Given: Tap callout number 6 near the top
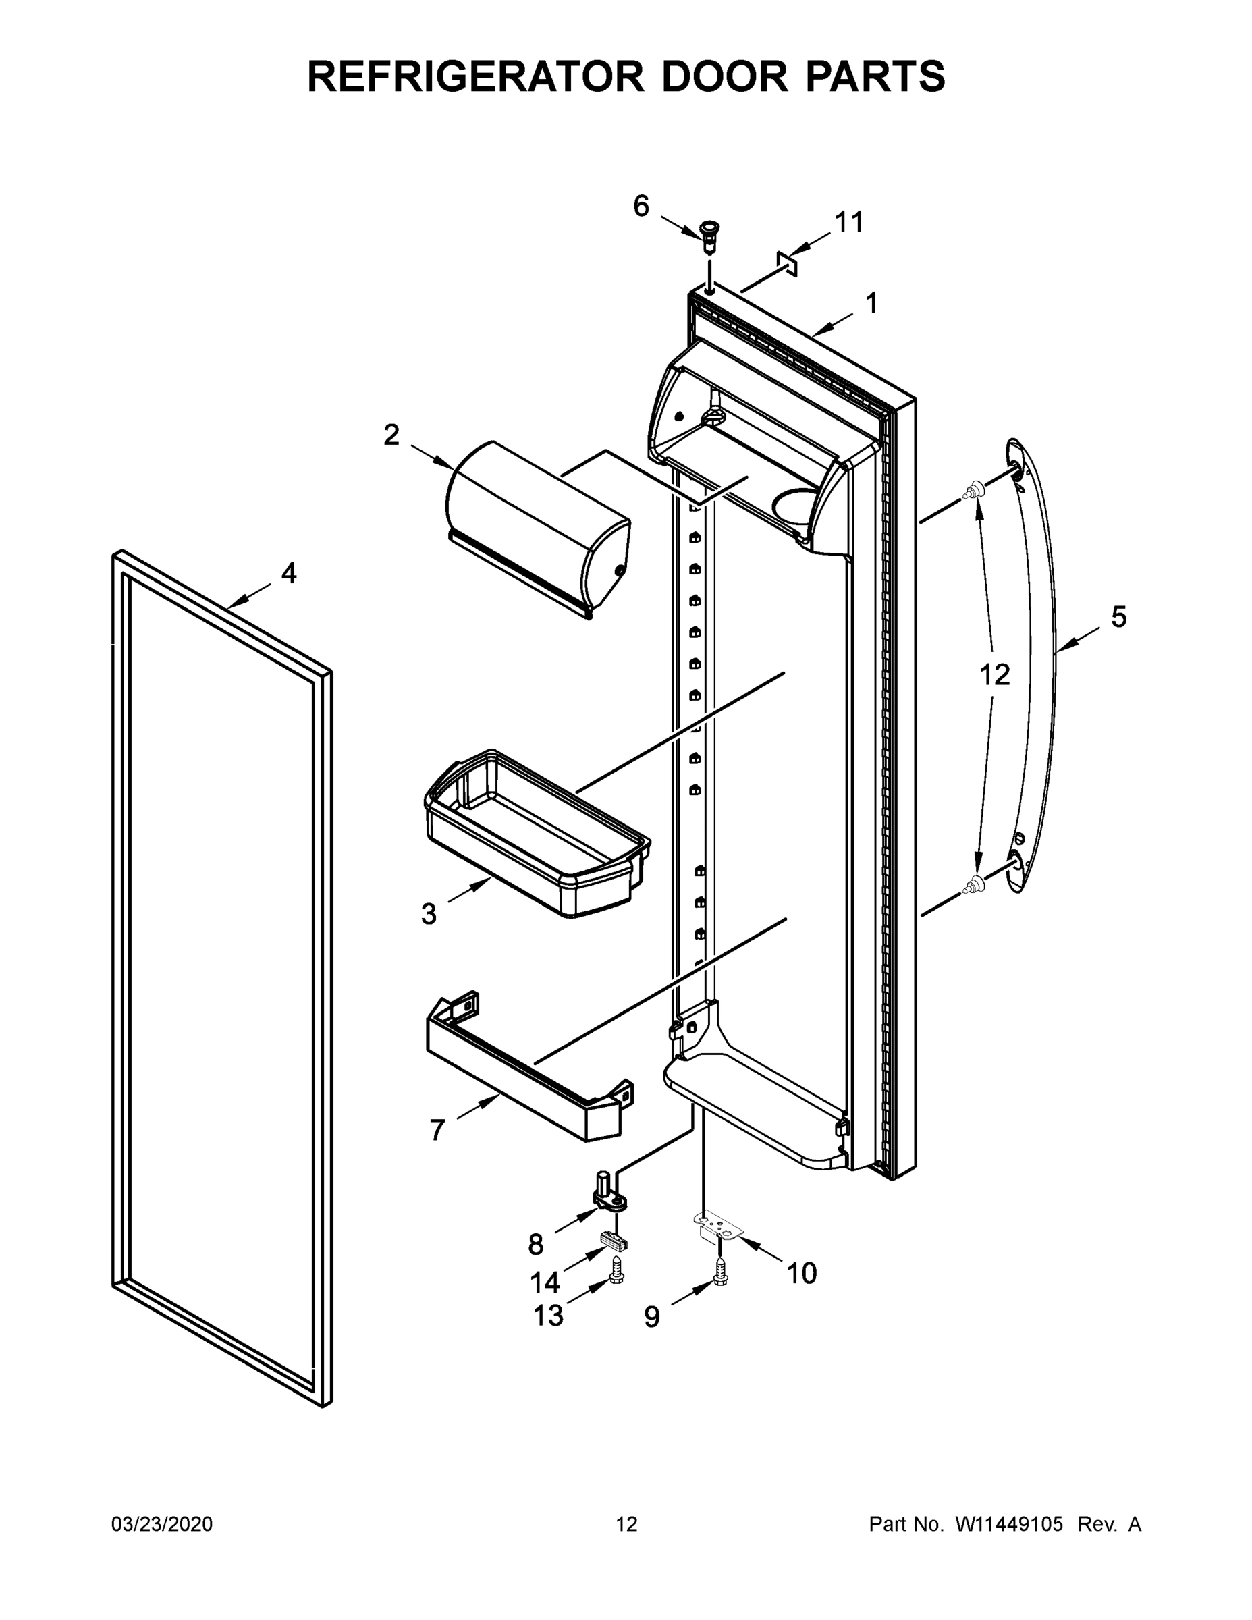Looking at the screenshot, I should point(641,205).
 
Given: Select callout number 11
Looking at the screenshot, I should point(849,222).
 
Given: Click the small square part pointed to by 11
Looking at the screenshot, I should point(787,263).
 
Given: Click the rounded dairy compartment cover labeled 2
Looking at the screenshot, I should point(538,527).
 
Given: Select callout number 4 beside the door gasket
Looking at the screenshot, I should point(288,572).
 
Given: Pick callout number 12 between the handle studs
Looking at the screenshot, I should point(995,675).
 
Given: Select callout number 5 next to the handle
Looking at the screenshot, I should point(1118,616).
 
